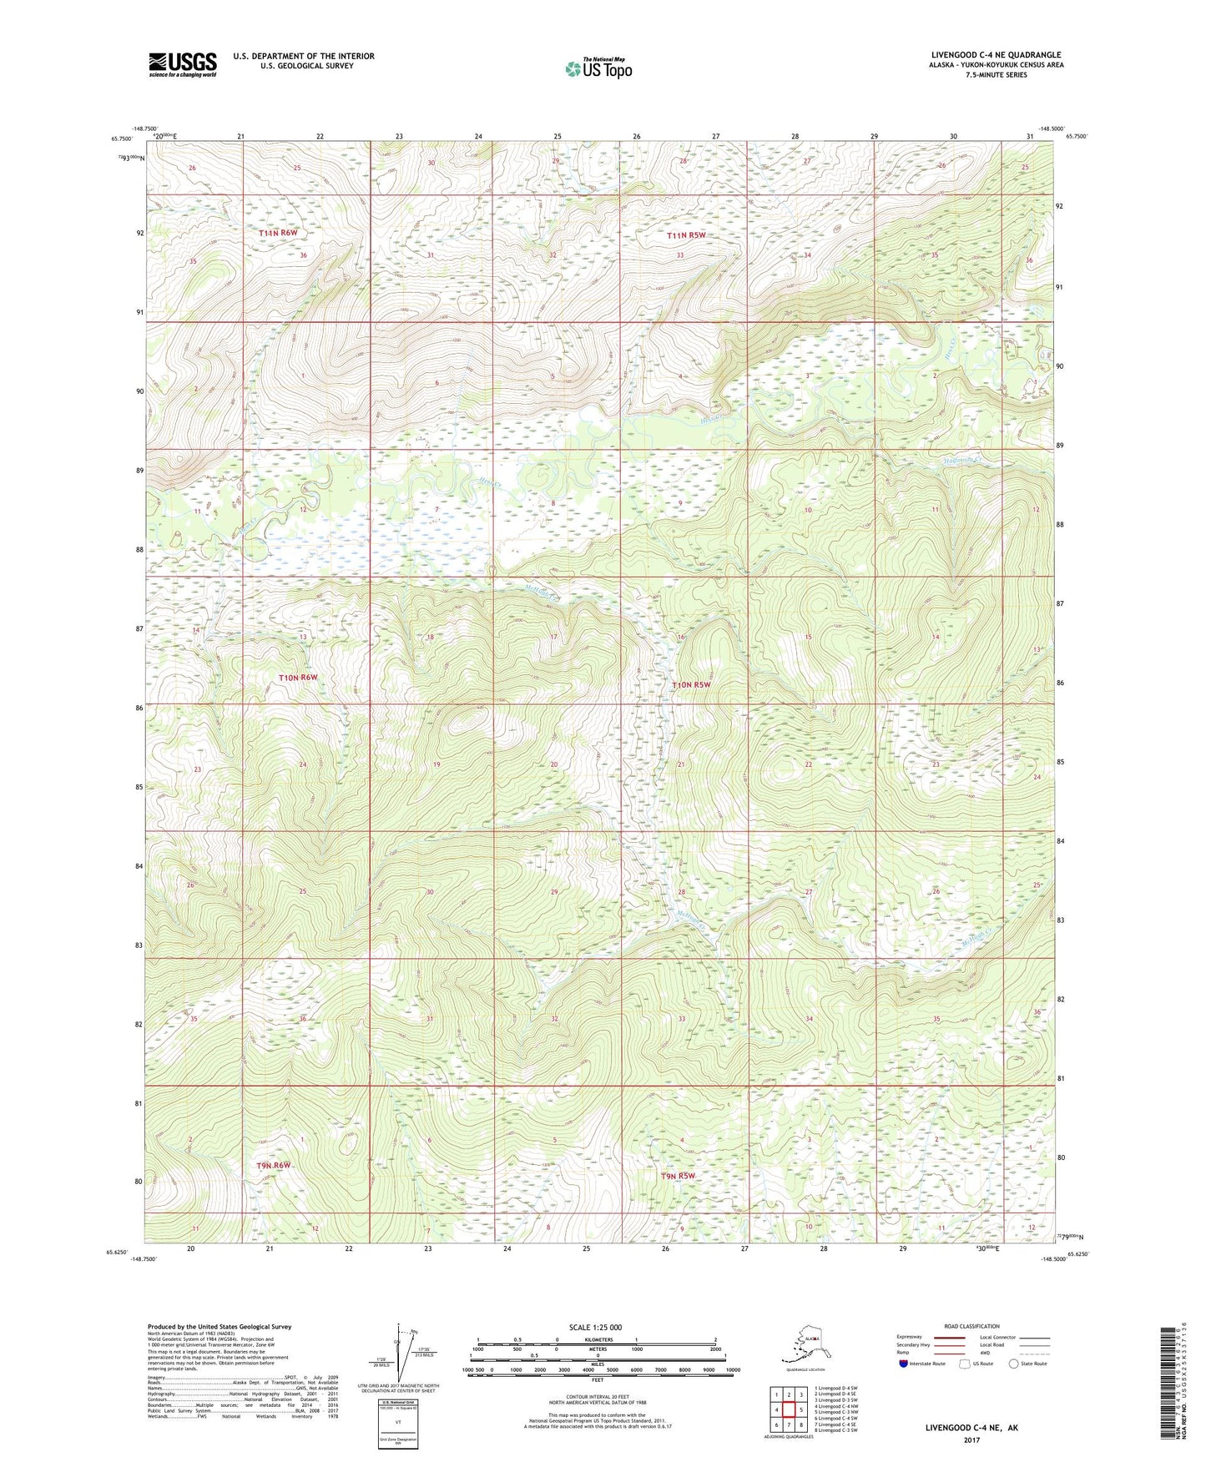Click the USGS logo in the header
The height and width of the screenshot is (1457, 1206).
point(182,64)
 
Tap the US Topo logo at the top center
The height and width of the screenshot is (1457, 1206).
point(598,68)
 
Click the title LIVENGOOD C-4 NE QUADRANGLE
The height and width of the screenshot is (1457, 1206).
point(996,55)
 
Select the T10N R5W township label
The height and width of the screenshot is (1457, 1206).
point(692,685)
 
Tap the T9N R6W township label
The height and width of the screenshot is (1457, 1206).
point(275,1165)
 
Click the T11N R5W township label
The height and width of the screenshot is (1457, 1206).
point(686,235)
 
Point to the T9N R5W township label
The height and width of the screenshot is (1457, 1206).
point(678,1177)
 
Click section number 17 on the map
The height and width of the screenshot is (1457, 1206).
point(553,638)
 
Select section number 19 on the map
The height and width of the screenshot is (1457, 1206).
point(436,765)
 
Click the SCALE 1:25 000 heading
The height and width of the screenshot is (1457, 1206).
point(595,1328)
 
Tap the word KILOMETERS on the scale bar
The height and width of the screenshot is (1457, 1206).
point(597,1340)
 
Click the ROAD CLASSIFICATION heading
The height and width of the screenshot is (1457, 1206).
point(971,1326)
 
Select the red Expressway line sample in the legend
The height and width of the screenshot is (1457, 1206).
point(949,1338)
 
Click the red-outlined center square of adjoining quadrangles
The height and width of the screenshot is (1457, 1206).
point(788,1409)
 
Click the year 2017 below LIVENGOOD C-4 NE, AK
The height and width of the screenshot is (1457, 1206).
point(971,1439)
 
